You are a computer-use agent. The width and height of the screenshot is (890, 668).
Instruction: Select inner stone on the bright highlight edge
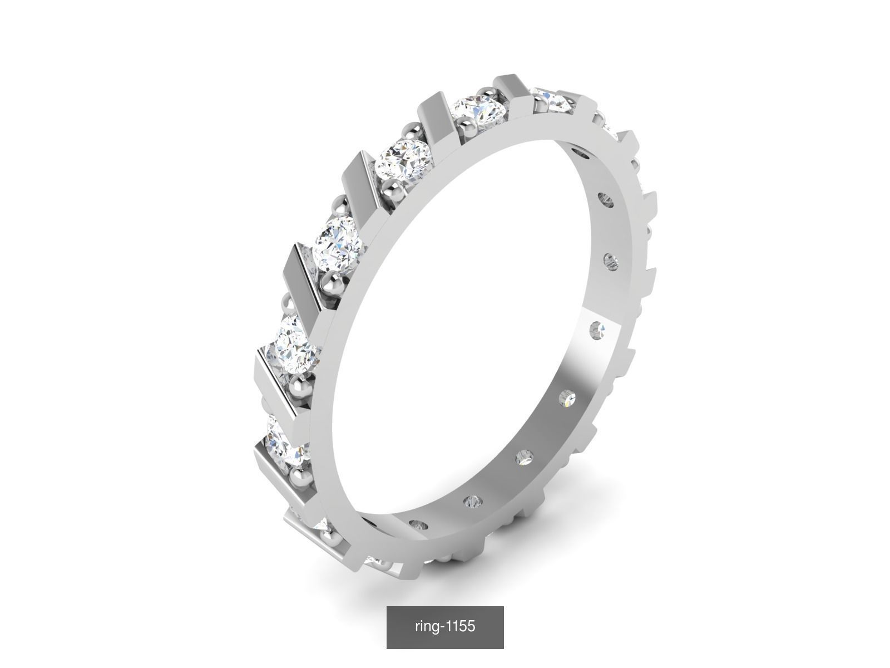598,331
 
